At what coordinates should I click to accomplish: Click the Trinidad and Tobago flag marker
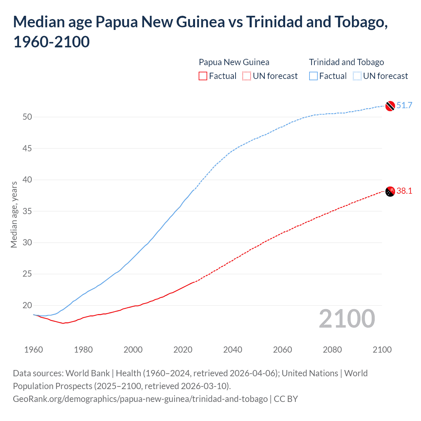(390, 106)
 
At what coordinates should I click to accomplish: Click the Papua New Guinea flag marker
(390, 191)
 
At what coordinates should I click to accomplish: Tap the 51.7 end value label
(404, 105)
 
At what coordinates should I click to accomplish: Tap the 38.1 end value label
(404, 191)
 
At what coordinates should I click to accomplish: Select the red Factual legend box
(203, 76)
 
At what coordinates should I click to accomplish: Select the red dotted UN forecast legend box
(247, 76)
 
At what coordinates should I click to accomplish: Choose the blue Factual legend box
(313, 76)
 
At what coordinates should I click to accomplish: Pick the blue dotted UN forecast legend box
(357, 76)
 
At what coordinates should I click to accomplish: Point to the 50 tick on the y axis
(27, 117)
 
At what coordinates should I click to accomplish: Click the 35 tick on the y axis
(27, 211)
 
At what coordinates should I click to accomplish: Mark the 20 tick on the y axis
(27, 306)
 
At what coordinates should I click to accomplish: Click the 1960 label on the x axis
(34, 350)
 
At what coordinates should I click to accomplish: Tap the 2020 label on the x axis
(183, 350)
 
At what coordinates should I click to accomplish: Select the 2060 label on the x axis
(283, 350)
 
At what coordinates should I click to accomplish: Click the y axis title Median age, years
(14, 214)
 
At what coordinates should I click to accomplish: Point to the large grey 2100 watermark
(347, 319)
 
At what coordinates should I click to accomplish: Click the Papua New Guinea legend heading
(234, 62)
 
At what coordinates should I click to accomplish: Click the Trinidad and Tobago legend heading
(346, 62)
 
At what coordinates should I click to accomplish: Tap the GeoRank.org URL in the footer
(140, 399)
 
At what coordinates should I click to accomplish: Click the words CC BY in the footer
(286, 399)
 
